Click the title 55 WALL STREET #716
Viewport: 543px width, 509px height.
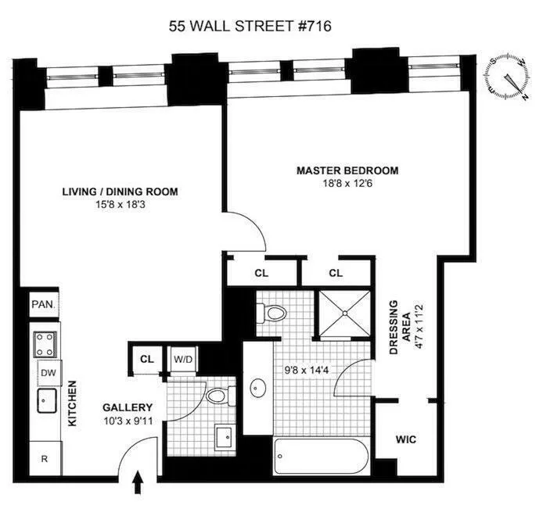tap(250, 26)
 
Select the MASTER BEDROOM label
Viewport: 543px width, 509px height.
tap(347, 170)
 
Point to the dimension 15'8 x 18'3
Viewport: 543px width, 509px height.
tap(120, 206)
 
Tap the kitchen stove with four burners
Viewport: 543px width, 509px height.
tap(42, 343)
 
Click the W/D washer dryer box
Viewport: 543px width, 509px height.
tap(182, 360)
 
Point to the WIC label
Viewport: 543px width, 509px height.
tap(405, 440)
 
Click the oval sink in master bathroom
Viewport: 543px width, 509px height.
tap(257, 388)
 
